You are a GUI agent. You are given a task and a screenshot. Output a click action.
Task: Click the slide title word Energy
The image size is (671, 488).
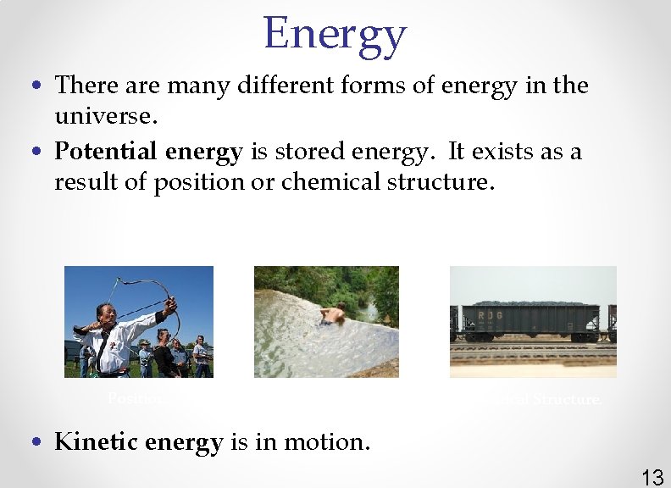335,34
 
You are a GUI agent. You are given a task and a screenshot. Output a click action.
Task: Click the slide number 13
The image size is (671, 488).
652,477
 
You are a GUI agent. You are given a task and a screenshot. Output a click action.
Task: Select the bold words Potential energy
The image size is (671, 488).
148,152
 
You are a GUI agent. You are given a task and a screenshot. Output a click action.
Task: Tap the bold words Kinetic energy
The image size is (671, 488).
138,442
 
